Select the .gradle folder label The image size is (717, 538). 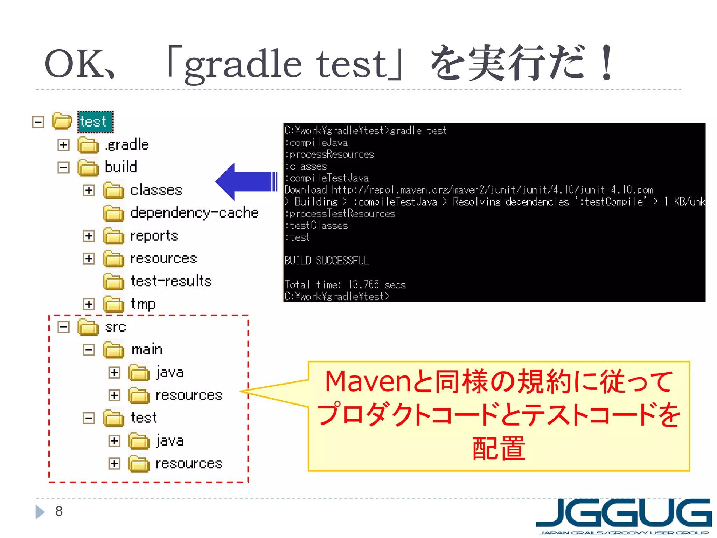[x=127, y=145]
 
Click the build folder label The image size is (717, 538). [x=121, y=167]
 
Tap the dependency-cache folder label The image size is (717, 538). [x=194, y=213]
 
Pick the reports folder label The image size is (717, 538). [x=154, y=236]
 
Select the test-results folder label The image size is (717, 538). [x=171, y=281]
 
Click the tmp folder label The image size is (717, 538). [x=143, y=304]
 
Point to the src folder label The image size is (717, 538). [x=115, y=327]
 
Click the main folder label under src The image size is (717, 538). [x=147, y=350]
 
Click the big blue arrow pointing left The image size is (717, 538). [x=245, y=181]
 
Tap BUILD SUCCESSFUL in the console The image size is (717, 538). [x=326, y=261]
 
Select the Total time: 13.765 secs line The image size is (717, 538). [x=345, y=284]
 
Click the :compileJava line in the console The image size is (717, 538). [x=316, y=143]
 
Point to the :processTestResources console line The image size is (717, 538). [x=340, y=214]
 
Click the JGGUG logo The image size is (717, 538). [x=623, y=516]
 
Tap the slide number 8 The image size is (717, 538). [x=59, y=511]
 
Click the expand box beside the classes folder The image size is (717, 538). [x=89, y=190]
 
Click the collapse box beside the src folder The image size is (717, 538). [x=63, y=327]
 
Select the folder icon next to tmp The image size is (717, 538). [x=114, y=304]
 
